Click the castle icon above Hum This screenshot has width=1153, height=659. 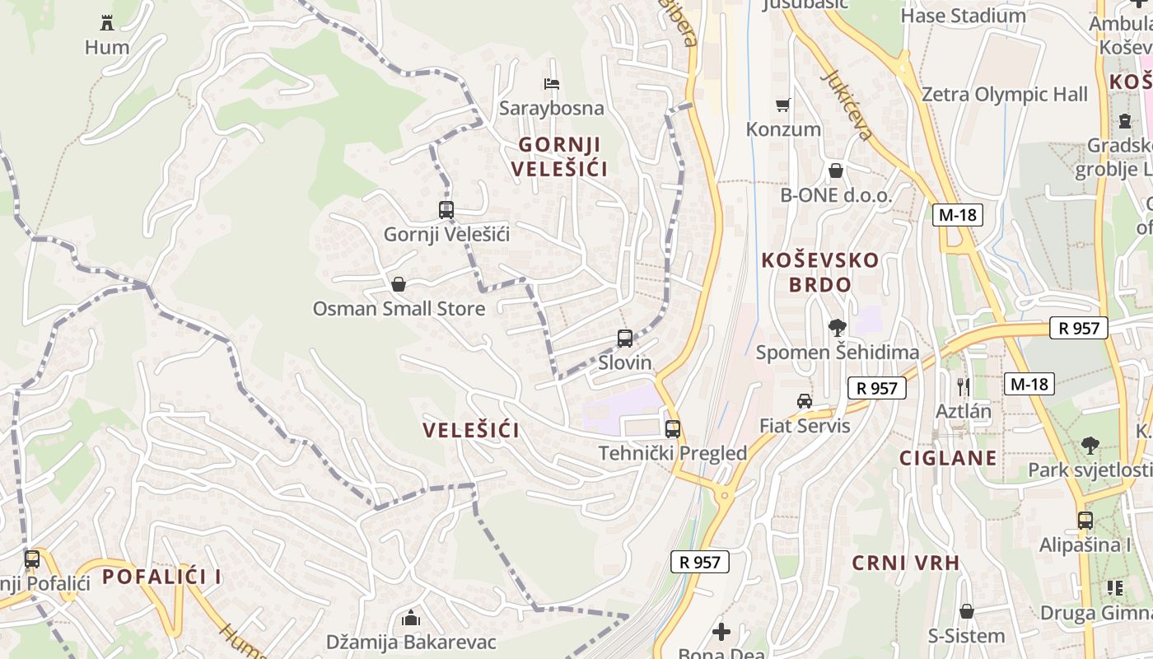(x=107, y=22)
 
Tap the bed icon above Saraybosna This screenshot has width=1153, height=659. (x=552, y=84)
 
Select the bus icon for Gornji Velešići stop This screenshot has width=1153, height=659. (x=446, y=210)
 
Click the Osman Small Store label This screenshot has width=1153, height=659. (x=399, y=309)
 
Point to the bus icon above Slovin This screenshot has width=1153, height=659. (x=625, y=339)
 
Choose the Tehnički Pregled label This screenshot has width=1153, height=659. (x=673, y=453)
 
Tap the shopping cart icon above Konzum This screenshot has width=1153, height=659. (x=783, y=105)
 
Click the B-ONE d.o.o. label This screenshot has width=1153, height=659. (x=836, y=195)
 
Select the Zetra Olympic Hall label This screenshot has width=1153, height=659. (x=1004, y=95)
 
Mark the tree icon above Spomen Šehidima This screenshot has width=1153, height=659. (x=837, y=328)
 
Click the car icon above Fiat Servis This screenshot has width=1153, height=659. (x=804, y=401)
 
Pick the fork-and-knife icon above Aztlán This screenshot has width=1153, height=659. (x=963, y=386)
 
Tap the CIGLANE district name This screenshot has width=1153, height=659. (x=948, y=458)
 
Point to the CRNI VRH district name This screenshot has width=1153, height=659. (x=906, y=563)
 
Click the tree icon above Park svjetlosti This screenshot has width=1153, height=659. (x=1090, y=446)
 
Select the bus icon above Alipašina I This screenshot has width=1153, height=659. (x=1085, y=521)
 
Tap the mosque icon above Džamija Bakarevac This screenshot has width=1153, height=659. (x=410, y=618)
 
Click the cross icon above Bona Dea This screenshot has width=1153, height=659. (x=721, y=632)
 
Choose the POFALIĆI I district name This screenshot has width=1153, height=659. (x=161, y=577)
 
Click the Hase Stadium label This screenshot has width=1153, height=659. (x=963, y=16)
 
